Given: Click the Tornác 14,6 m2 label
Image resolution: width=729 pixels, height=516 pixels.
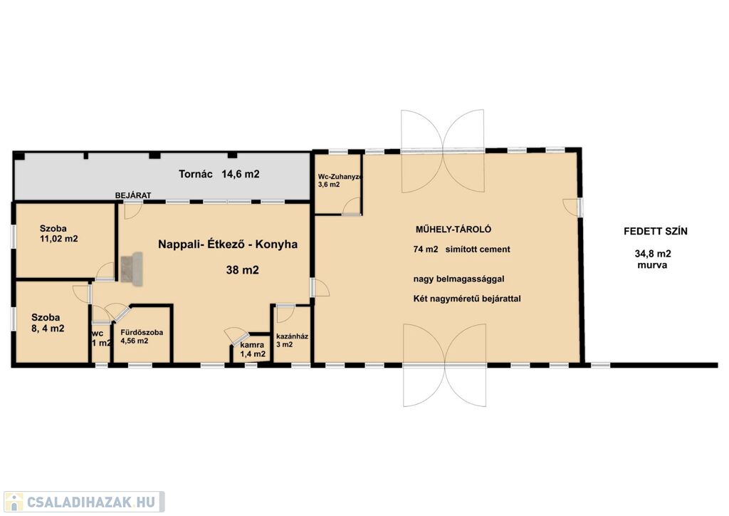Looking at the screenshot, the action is (219, 174).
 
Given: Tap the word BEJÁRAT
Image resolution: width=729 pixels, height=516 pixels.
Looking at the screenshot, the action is (133, 195).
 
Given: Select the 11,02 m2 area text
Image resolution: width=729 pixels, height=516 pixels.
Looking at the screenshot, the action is (59, 239).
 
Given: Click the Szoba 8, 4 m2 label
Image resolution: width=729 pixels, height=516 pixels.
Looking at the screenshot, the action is (48, 323).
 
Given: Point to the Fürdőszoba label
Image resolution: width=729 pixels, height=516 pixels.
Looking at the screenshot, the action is (142, 333).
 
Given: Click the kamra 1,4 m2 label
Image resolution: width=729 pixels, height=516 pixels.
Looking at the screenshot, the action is (253, 349).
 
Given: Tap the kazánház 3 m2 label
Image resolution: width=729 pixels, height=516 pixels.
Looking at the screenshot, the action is (292, 340).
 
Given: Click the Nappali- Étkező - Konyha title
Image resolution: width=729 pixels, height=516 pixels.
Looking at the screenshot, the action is (228, 244).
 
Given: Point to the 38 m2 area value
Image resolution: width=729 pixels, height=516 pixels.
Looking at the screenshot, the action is (242, 270).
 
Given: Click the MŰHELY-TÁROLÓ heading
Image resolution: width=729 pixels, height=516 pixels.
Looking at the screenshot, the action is (453, 229).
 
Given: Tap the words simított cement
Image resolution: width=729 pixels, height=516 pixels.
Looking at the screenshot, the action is (478, 249).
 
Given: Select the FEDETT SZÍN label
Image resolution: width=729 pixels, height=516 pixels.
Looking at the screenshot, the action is (656, 231).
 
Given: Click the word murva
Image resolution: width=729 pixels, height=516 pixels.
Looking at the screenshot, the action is (652, 265).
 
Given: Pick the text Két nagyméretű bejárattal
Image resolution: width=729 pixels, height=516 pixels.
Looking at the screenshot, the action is (467, 299).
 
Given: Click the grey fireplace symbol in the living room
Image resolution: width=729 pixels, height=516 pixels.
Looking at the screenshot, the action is (132, 267).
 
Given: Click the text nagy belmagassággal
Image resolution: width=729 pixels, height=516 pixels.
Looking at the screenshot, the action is (459, 279).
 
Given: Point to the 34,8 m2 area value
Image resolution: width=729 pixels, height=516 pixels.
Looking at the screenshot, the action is (653, 254).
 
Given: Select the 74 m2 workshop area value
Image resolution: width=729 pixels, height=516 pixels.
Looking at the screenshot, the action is (426, 249).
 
